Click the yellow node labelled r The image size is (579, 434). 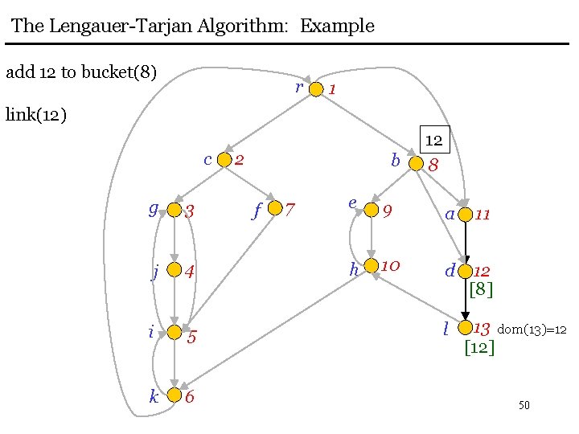316,88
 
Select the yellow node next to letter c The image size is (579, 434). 225,160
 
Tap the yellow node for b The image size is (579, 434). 415,163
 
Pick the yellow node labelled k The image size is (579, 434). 174,395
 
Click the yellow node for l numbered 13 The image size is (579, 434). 464,328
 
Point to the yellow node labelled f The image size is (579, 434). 276,209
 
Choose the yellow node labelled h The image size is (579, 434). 372,266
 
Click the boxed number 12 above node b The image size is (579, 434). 434,140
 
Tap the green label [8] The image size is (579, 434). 480,289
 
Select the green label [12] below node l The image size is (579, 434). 479,347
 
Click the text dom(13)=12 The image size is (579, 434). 532,330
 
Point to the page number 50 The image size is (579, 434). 524,405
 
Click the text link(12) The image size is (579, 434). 35,114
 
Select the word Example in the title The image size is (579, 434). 337,26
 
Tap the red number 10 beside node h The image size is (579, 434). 392,265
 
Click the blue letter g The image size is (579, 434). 153,209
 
